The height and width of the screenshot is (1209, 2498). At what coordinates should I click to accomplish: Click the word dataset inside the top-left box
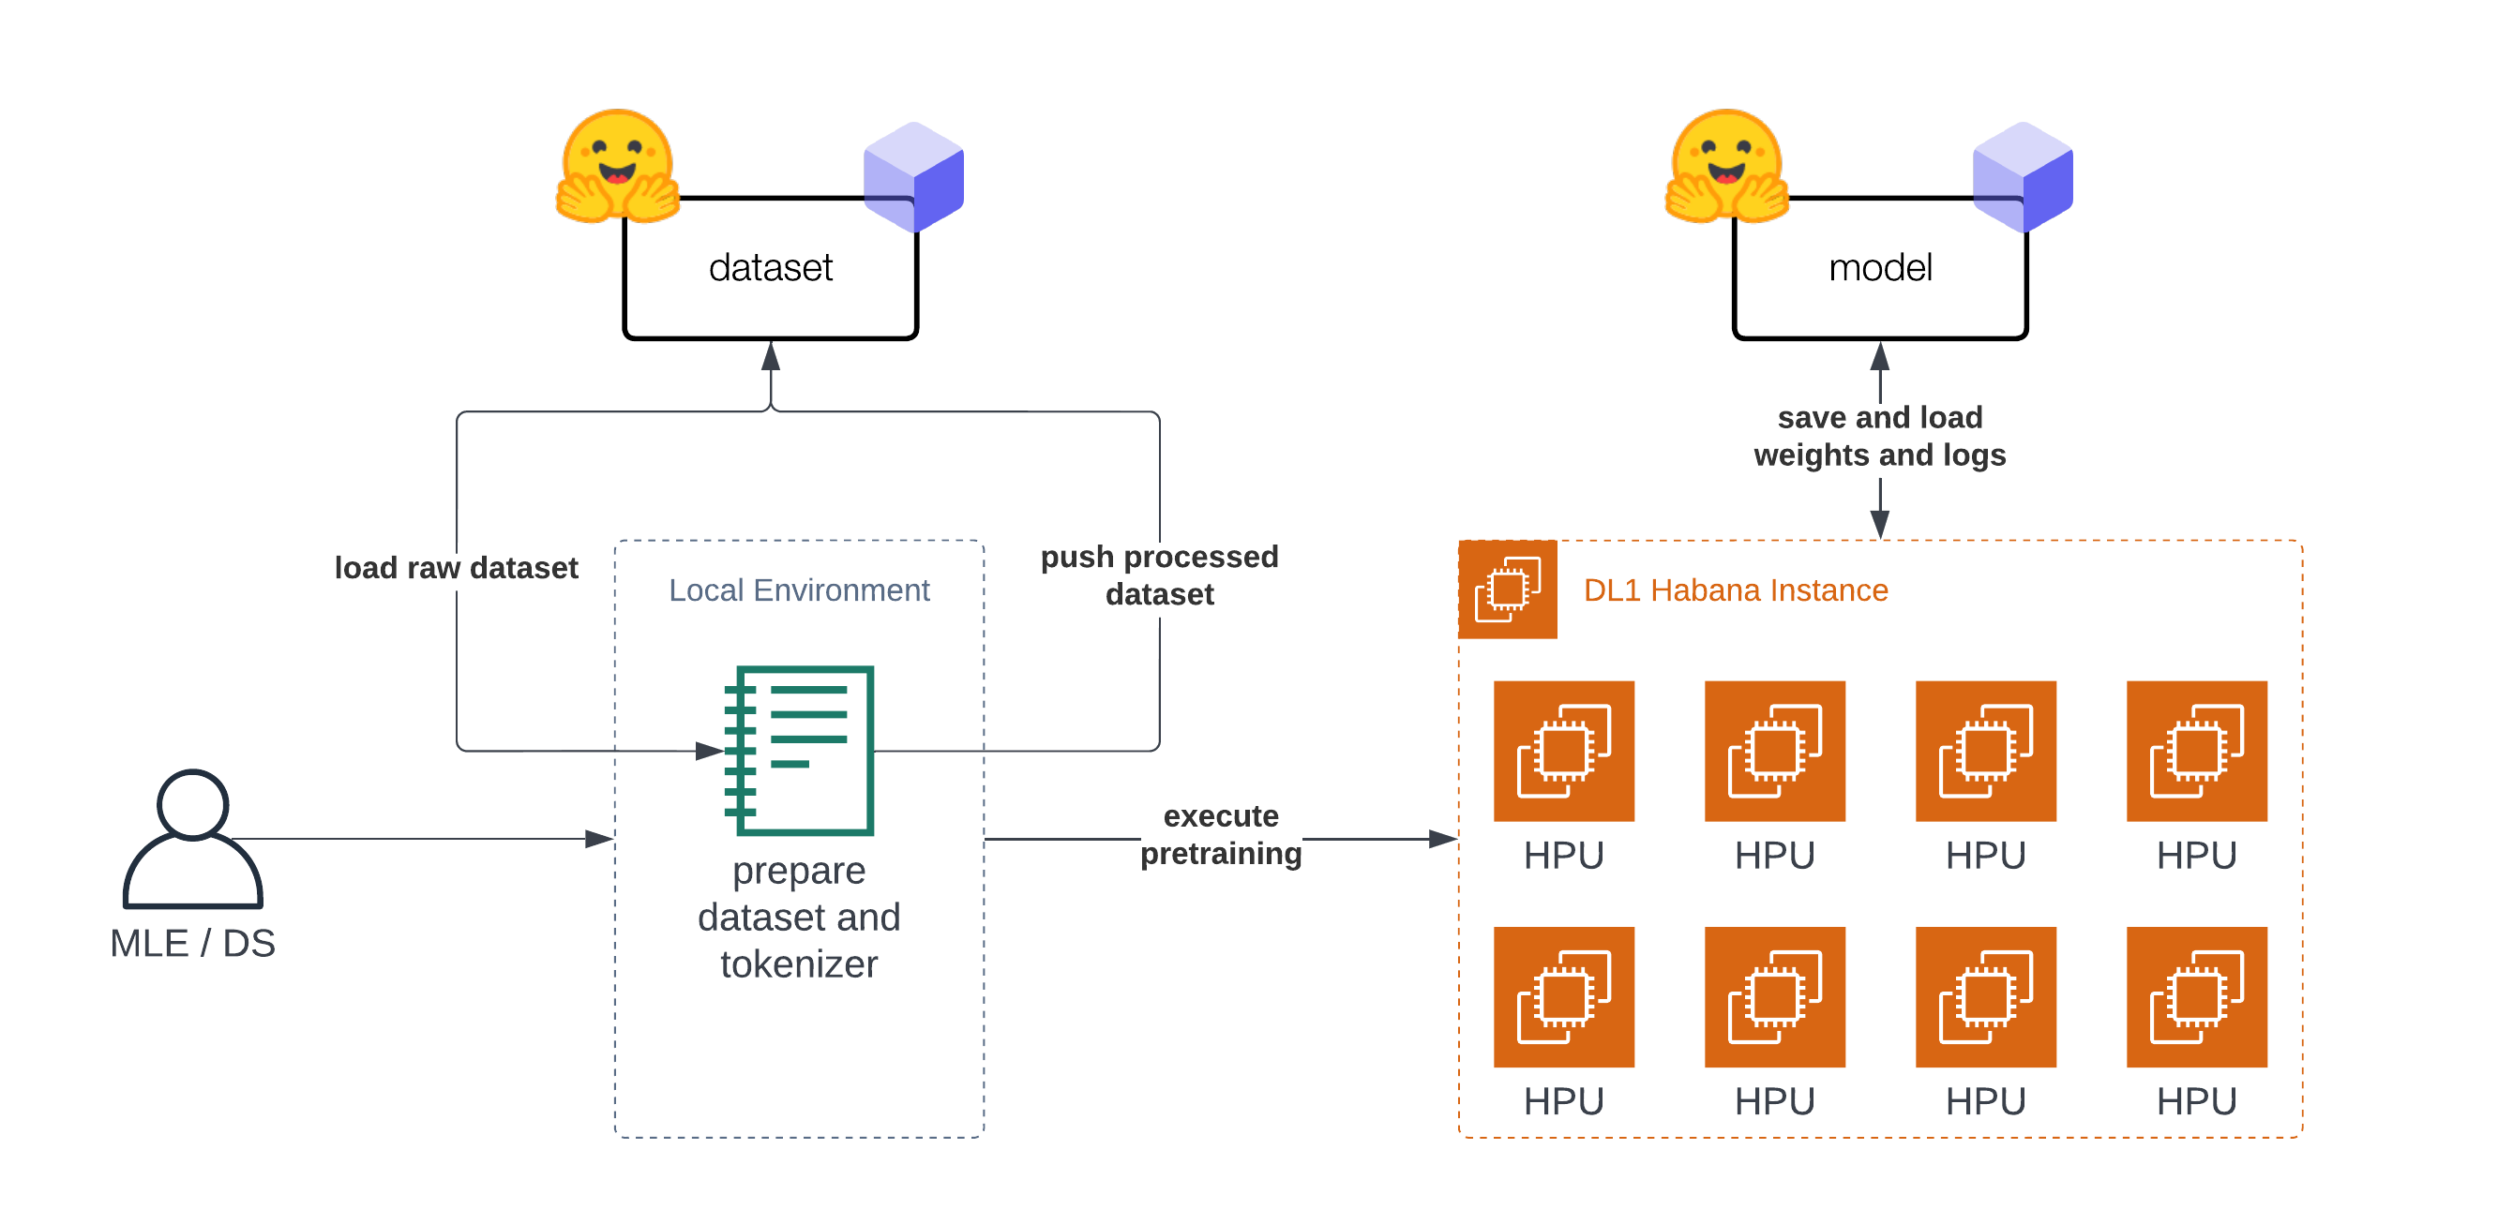click(x=770, y=268)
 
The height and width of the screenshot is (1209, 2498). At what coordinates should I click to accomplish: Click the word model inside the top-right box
click(x=1879, y=268)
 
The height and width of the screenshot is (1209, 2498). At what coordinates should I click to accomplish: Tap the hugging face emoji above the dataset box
click(x=618, y=167)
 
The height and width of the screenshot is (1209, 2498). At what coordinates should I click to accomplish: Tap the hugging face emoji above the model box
click(x=1726, y=167)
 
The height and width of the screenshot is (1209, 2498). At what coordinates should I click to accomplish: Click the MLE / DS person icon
click(x=193, y=839)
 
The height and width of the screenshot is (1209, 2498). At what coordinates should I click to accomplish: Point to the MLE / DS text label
click(x=193, y=944)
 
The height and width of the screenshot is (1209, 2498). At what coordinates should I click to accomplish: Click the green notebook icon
click(x=800, y=750)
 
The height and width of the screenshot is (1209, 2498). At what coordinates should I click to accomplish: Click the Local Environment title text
click(x=799, y=590)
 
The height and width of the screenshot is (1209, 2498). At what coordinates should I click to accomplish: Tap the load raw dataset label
click(x=456, y=568)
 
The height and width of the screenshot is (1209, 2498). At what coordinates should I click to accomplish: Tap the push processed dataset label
click(x=1160, y=575)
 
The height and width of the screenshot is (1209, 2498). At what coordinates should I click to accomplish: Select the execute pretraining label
click(x=1221, y=835)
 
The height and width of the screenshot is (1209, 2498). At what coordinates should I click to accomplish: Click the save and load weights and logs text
click(x=1879, y=437)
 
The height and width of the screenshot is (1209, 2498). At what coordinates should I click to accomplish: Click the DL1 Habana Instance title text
click(x=1736, y=590)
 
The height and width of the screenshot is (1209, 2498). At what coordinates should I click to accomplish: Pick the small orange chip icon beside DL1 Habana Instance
click(x=1508, y=590)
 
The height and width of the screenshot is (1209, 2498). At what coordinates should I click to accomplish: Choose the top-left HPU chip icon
click(x=1563, y=752)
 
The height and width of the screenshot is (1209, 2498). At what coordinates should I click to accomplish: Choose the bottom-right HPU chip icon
click(x=2196, y=996)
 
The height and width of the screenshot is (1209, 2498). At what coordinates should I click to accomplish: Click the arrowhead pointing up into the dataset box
click(x=771, y=356)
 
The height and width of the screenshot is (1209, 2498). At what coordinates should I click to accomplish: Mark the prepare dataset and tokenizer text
click(x=799, y=918)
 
